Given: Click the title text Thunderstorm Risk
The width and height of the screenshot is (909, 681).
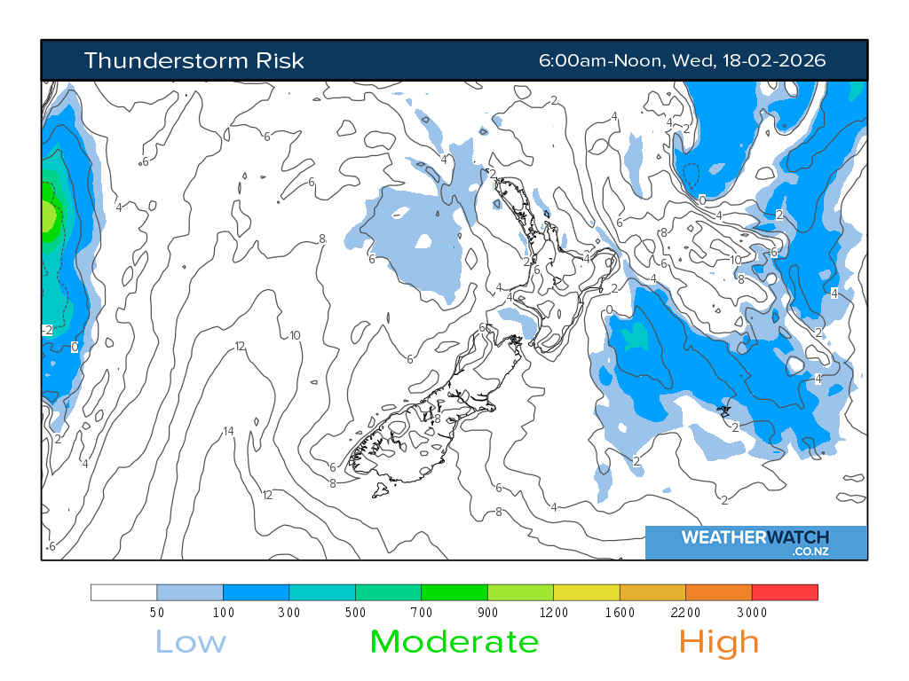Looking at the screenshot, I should tap(194, 60).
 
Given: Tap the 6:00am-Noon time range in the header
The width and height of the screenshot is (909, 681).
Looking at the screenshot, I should tap(601, 60).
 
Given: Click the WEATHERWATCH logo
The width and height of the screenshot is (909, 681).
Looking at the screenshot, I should tap(755, 537).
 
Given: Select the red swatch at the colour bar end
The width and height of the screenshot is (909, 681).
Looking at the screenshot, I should tap(785, 592).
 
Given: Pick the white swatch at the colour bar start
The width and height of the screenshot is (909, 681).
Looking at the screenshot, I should tap(123, 592).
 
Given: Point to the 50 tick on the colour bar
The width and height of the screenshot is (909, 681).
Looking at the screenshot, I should tap(157, 613).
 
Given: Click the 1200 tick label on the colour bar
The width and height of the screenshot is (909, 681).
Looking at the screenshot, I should tap(554, 613).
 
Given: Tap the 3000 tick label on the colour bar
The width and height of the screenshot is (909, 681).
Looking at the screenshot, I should tap(752, 613).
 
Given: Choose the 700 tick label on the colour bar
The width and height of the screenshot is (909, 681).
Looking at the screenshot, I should tap(422, 613).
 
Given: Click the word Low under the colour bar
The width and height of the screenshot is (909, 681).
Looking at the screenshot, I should tap(190, 641).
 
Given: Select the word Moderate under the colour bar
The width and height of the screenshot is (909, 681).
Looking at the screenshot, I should tap(454, 641).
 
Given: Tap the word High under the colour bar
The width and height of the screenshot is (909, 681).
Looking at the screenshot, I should tap(719, 641).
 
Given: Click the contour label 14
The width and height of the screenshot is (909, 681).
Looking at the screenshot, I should tap(228, 432).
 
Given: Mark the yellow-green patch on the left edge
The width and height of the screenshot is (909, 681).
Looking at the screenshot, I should tap(48, 215).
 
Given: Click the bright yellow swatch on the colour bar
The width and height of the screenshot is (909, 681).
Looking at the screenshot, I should tap(587, 592).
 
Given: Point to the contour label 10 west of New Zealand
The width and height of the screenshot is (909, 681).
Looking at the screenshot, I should tap(295, 335).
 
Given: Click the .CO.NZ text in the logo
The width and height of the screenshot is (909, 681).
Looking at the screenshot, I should tap(810, 552).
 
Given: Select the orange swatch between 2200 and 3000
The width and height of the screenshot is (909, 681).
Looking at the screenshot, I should tap(719, 592).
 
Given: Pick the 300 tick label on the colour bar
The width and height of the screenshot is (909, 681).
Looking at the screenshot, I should tap(289, 613).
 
